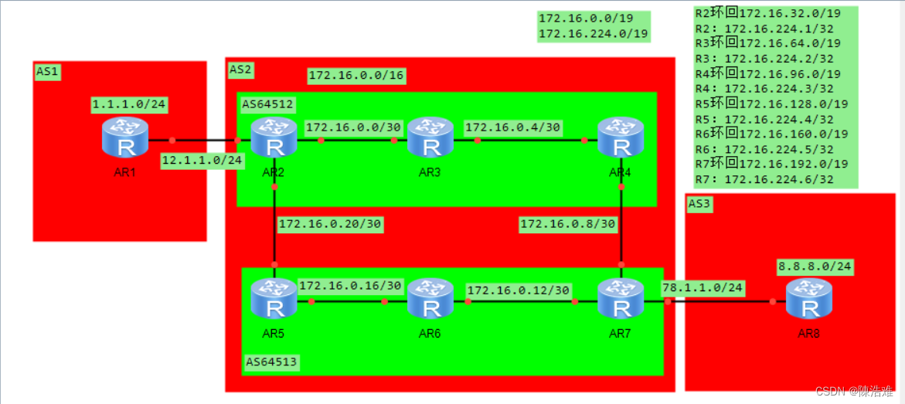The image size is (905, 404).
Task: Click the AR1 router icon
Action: click(x=124, y=138)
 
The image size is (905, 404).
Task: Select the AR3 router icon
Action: click(x=430, y=138)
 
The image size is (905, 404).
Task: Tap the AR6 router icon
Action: click(x=430, y=300)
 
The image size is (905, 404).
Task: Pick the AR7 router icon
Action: click(x=621, y=300)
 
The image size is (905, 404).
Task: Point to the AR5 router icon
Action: click(x=274, y=300)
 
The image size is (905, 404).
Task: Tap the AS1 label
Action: click(x=47, y=70)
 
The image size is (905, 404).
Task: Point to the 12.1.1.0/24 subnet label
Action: click(x=202, y=161)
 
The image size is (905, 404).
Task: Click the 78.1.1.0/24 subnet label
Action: click(x=703, y=287)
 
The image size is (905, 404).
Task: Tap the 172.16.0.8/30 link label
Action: click(x=568, y=224)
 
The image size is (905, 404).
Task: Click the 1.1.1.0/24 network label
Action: click(x=128, y=104)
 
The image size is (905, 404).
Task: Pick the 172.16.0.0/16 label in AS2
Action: click(x=356, y=76)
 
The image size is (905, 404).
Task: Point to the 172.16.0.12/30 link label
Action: click(x=519, y=290)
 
